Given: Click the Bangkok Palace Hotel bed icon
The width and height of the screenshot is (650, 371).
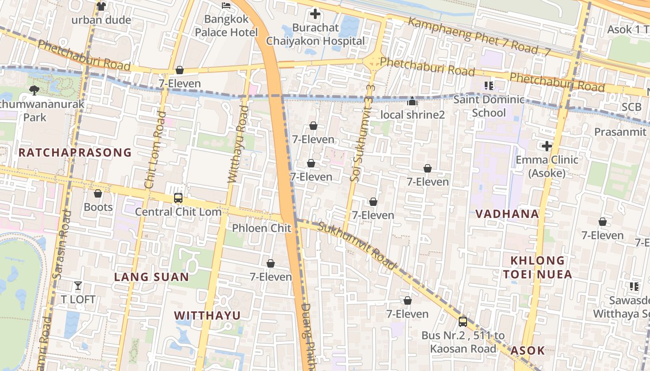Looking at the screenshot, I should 226,6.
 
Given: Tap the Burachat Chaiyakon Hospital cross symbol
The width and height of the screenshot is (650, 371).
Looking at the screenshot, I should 315,14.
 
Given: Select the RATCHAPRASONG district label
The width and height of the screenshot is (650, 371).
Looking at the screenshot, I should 75,153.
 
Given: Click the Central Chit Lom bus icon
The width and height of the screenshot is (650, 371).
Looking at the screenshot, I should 178,198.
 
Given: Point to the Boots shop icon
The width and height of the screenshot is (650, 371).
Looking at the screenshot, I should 98,193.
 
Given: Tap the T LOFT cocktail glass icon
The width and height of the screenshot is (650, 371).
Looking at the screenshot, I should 78,286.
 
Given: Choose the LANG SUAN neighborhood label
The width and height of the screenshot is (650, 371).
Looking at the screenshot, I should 152,277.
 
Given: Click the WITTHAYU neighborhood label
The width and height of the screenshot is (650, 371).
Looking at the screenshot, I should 207,316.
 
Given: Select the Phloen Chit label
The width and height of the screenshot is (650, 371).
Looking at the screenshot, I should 261,228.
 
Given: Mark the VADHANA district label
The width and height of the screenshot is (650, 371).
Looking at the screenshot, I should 507,214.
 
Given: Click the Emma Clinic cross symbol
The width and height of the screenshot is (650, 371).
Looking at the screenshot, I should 547,147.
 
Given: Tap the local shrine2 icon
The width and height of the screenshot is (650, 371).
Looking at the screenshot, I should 412,101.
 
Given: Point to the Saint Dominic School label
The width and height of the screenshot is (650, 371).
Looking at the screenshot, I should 489,106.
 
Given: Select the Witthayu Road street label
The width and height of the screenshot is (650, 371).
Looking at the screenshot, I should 237,144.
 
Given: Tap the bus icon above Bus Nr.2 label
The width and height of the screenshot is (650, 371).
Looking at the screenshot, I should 462,321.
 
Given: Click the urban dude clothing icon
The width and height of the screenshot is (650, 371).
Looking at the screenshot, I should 101,6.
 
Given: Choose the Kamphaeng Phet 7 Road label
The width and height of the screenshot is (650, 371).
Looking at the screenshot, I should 478,37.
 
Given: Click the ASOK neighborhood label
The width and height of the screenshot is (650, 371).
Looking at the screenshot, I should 527,351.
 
